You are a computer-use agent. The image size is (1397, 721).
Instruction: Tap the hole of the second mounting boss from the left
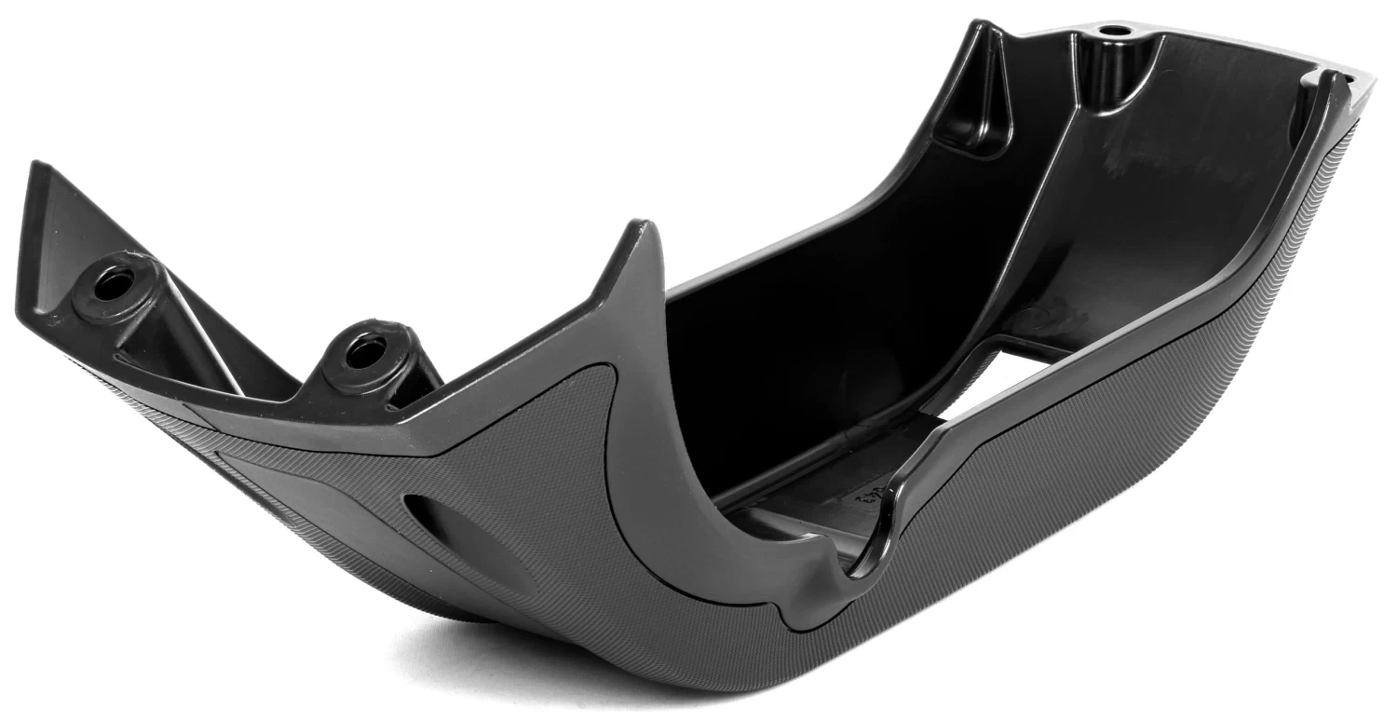click(x=365, y=351)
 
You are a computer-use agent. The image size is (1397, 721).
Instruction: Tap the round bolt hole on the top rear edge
click(x=1111, y=31)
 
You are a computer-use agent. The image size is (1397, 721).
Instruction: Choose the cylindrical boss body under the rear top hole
click(x=1108, y=70)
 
